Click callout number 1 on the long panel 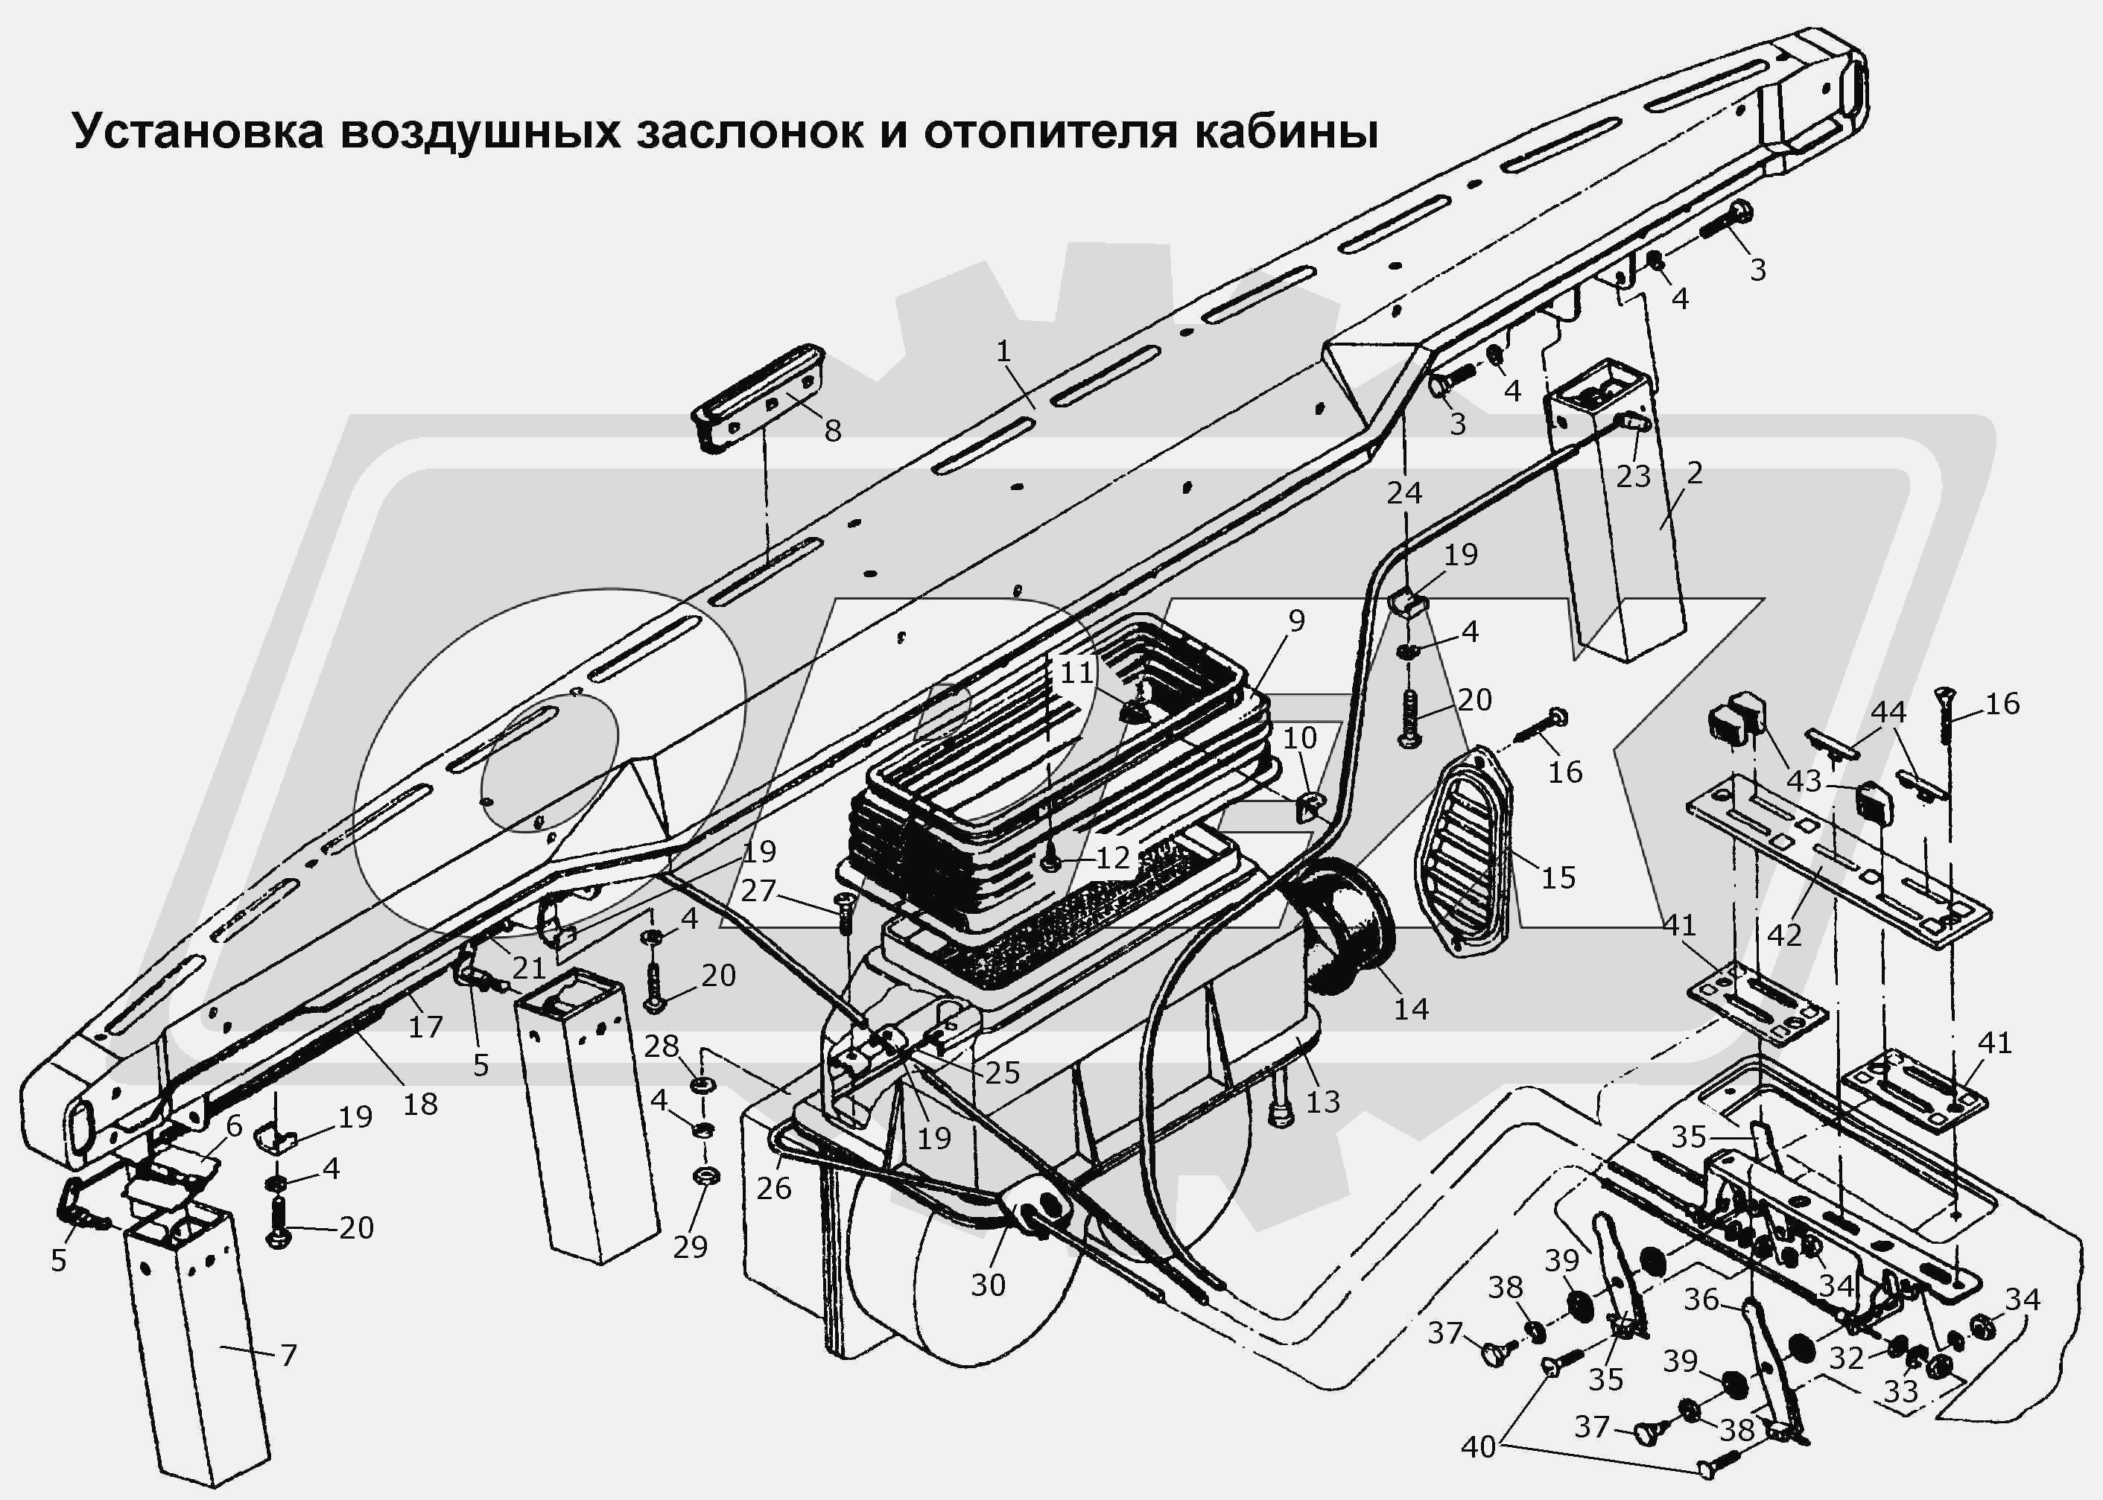1004,351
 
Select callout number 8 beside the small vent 832,430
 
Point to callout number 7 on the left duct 288,1355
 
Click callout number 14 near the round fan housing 1410,1009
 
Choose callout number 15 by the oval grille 1558,877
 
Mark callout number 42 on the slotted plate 1783,935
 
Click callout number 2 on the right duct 1694,473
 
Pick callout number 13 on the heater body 1322,1101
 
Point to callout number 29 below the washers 690,1247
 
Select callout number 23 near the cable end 1633,477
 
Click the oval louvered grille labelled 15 1464,850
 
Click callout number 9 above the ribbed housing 1297,620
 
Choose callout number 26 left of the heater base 773,1188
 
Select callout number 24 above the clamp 1403,493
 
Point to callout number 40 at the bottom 1478,1446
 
